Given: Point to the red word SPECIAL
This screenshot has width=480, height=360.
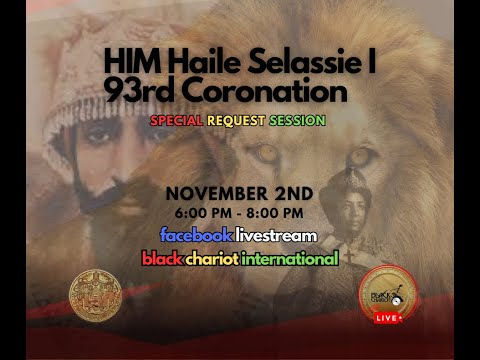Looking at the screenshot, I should tap(176, 120).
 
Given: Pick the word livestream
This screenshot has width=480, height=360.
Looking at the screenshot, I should tap(276, 235).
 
